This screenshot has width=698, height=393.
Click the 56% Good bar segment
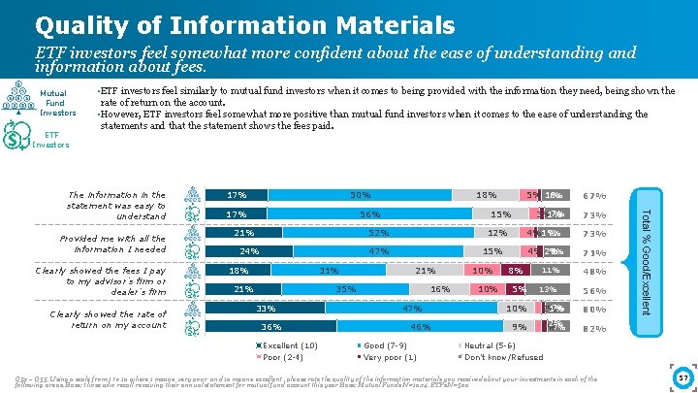click(368, 214)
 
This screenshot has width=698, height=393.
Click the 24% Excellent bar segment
click(249, 251)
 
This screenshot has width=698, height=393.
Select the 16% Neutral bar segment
click(440, 289)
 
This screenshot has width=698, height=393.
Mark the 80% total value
click(595, 310)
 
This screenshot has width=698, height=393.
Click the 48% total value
click(595, 272)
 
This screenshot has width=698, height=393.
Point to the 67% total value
click(595, 196)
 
